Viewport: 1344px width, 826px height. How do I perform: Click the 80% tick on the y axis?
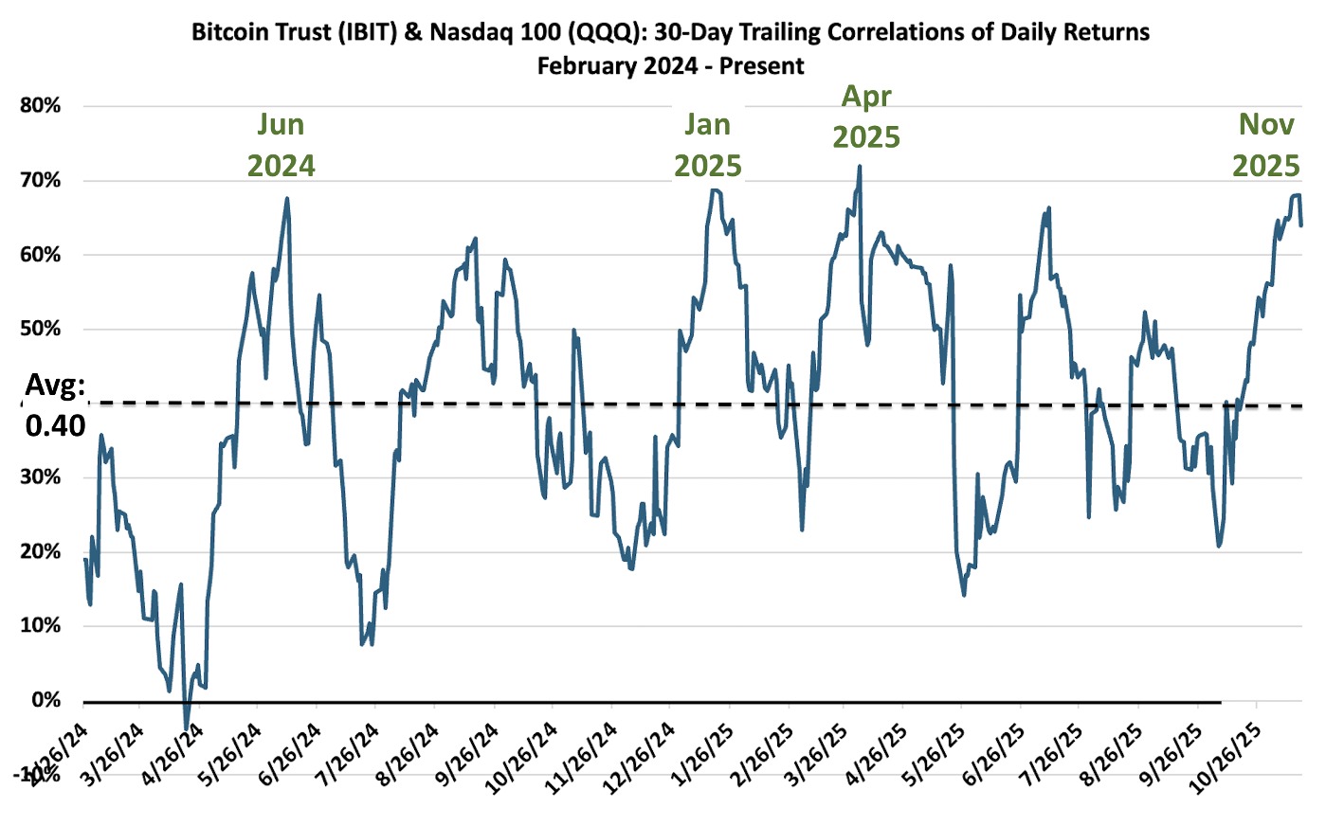[x=40, y=105]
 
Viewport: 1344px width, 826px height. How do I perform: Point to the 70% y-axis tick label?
[x=40, y=180]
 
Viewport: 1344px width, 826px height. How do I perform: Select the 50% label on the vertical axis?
[x=40, y=329]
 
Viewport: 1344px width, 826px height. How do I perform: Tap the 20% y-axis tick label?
[x=40, y=551]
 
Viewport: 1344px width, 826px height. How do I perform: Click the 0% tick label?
[x=45, y=700]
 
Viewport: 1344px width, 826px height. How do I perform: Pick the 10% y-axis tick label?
[x=40, y=625]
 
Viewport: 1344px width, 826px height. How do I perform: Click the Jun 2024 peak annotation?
[x=281, y=145]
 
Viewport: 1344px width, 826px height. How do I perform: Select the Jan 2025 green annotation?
[x=707, y=145]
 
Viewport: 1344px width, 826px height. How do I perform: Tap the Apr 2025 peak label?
[x=866, y=117]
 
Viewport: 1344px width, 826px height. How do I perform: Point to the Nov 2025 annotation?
[x=1266, y=145]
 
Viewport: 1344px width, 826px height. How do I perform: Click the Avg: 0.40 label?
[x=55, y=405]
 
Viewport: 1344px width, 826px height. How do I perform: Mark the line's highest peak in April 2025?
[x=860, y=167]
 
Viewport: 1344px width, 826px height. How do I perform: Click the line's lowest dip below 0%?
[x=187, y=727]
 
